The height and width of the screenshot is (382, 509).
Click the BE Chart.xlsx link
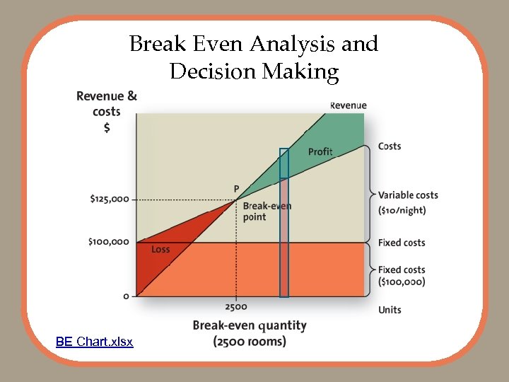(94, 342)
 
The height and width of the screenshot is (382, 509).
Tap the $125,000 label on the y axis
(110, 199)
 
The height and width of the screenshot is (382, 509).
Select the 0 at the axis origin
(126, 296)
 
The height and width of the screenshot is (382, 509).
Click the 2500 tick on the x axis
(235, 306)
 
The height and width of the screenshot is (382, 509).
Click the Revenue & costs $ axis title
(107, 111)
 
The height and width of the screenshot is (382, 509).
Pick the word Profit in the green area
(320, 152)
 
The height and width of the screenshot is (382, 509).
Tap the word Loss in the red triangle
(160, 250)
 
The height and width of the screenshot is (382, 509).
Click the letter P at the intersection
(237, 189)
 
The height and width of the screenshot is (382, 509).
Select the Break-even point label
(267, 212)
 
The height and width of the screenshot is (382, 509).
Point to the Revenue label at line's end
(348, 105)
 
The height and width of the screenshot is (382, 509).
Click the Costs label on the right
(390, 146)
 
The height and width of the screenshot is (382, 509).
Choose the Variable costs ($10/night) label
(408, 203)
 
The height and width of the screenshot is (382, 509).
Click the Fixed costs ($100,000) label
(402, 276)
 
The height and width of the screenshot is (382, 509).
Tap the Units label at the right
(390, 310)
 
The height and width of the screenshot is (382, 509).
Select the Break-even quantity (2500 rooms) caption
(250, 333)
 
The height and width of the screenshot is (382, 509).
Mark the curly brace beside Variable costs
(369, 194)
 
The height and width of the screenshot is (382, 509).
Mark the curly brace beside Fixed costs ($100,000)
(369, 270)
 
